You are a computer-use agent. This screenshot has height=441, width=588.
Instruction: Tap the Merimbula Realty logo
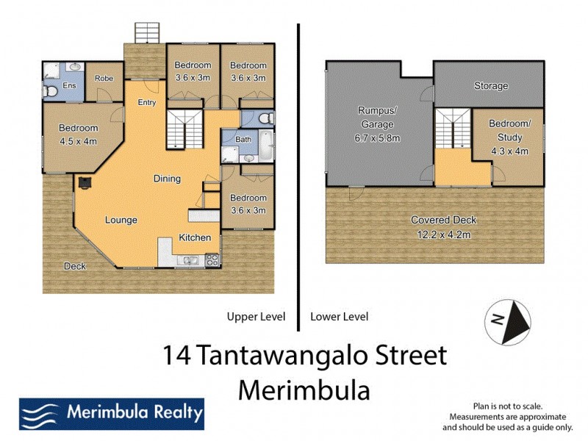(111, 413)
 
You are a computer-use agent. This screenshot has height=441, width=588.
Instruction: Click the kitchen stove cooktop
(212, 259)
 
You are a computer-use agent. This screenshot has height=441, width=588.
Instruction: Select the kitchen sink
(190, 259)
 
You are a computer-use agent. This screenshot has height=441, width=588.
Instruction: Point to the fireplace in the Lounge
(85, 182)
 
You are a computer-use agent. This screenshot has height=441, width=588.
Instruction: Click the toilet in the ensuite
(50, 91)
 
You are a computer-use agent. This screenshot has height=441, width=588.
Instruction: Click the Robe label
(103, 78)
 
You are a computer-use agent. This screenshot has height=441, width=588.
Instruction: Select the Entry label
(147, 102)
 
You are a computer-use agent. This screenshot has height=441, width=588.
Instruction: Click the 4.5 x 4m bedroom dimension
(78, 141)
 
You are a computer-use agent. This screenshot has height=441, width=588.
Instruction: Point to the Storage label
(490, 86)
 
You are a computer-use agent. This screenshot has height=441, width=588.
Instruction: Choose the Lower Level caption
(340, 317)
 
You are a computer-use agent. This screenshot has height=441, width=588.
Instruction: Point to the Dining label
(167, 179)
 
